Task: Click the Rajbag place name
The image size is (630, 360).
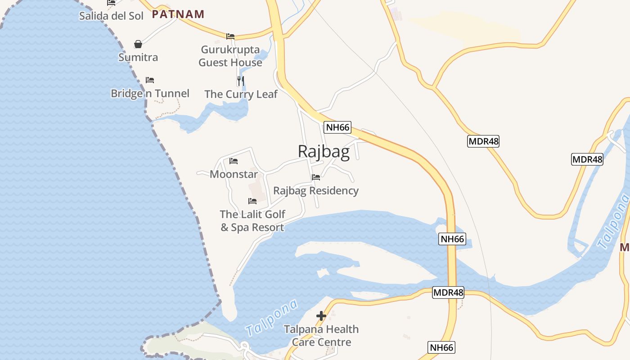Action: [x=324, y=152]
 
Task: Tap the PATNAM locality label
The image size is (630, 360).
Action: [x=178, y=14]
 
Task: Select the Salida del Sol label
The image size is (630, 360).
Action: [x=111, y=16]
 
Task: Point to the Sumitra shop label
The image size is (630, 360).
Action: [x=138, y=57]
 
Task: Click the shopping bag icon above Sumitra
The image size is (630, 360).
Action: [x=138, y=44]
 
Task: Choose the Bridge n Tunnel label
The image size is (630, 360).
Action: [x=150, y=93]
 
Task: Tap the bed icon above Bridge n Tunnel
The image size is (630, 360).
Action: [x=150, y=80]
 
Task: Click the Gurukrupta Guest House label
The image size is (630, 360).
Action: [x=230, y=56]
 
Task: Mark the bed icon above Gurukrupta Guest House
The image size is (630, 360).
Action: [x=230, y=36]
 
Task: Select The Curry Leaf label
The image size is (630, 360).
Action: [x=241, y=94]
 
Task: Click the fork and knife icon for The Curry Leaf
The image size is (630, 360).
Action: [x=241, y=81]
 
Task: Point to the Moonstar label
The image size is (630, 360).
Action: [x=234, y=174]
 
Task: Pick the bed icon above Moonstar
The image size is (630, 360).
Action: [x=234, y=161]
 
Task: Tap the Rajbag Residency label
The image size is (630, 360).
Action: [x=316, y=190]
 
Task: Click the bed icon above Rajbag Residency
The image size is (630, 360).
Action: [x=316, y=177]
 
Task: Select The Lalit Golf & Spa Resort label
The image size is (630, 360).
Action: [x=252, y=220]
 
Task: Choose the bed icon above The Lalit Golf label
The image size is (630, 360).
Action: [x=252, y=201]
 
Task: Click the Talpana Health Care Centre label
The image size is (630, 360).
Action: [x=321, y=336]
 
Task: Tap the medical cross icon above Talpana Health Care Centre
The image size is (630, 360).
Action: [x=321, y=316]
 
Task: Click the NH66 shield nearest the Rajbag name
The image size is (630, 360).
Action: [x=337, y=127]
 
